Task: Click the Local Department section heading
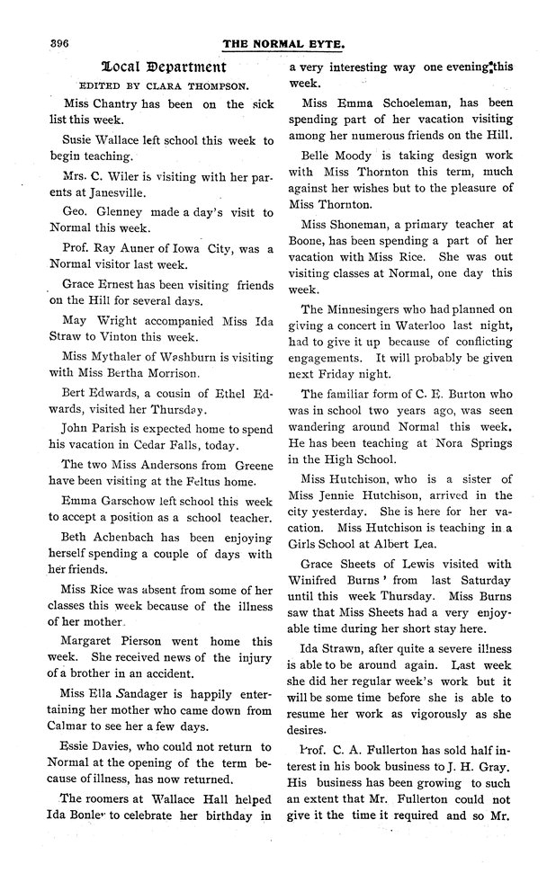coord(164,67)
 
